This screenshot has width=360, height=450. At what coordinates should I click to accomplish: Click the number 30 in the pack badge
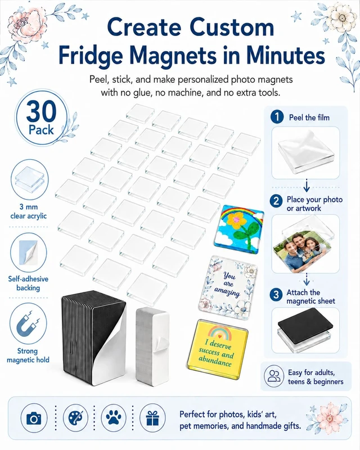[x=41, y=111]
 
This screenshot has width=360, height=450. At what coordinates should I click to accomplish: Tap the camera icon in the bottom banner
[x=34, y=418]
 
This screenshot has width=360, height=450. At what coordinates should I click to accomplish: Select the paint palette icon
[x=75, y=418]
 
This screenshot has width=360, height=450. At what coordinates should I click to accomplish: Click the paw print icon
[x=114, y=417]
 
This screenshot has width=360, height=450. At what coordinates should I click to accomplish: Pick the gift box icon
[x=152, y=418]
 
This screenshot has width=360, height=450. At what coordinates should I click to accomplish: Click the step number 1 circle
[x=277, y=117]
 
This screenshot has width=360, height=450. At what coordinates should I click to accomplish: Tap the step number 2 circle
[x=276, y=201]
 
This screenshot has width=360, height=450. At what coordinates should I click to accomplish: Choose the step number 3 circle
[x=276, y=295]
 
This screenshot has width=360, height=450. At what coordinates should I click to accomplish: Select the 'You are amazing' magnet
[x=228, y=287]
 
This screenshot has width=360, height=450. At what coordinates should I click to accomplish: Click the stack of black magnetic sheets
[x=94, y=336]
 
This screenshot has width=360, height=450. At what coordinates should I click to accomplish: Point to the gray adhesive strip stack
[x=152, y=345]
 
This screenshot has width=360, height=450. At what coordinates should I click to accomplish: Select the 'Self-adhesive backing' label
[x=28, y=283]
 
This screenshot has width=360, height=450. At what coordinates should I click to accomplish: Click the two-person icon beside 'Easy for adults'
[x=274, y=376]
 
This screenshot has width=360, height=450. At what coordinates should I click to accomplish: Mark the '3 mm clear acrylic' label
[x=29, y=211]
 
